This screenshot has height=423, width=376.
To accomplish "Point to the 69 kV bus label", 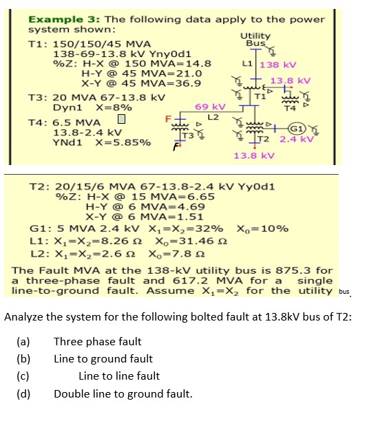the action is coord(210,107).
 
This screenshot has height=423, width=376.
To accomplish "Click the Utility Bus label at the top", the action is coord(255,39).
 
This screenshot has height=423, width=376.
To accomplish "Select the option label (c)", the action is coord(24,376).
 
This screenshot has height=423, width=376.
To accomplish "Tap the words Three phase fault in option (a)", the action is coord(97,342).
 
